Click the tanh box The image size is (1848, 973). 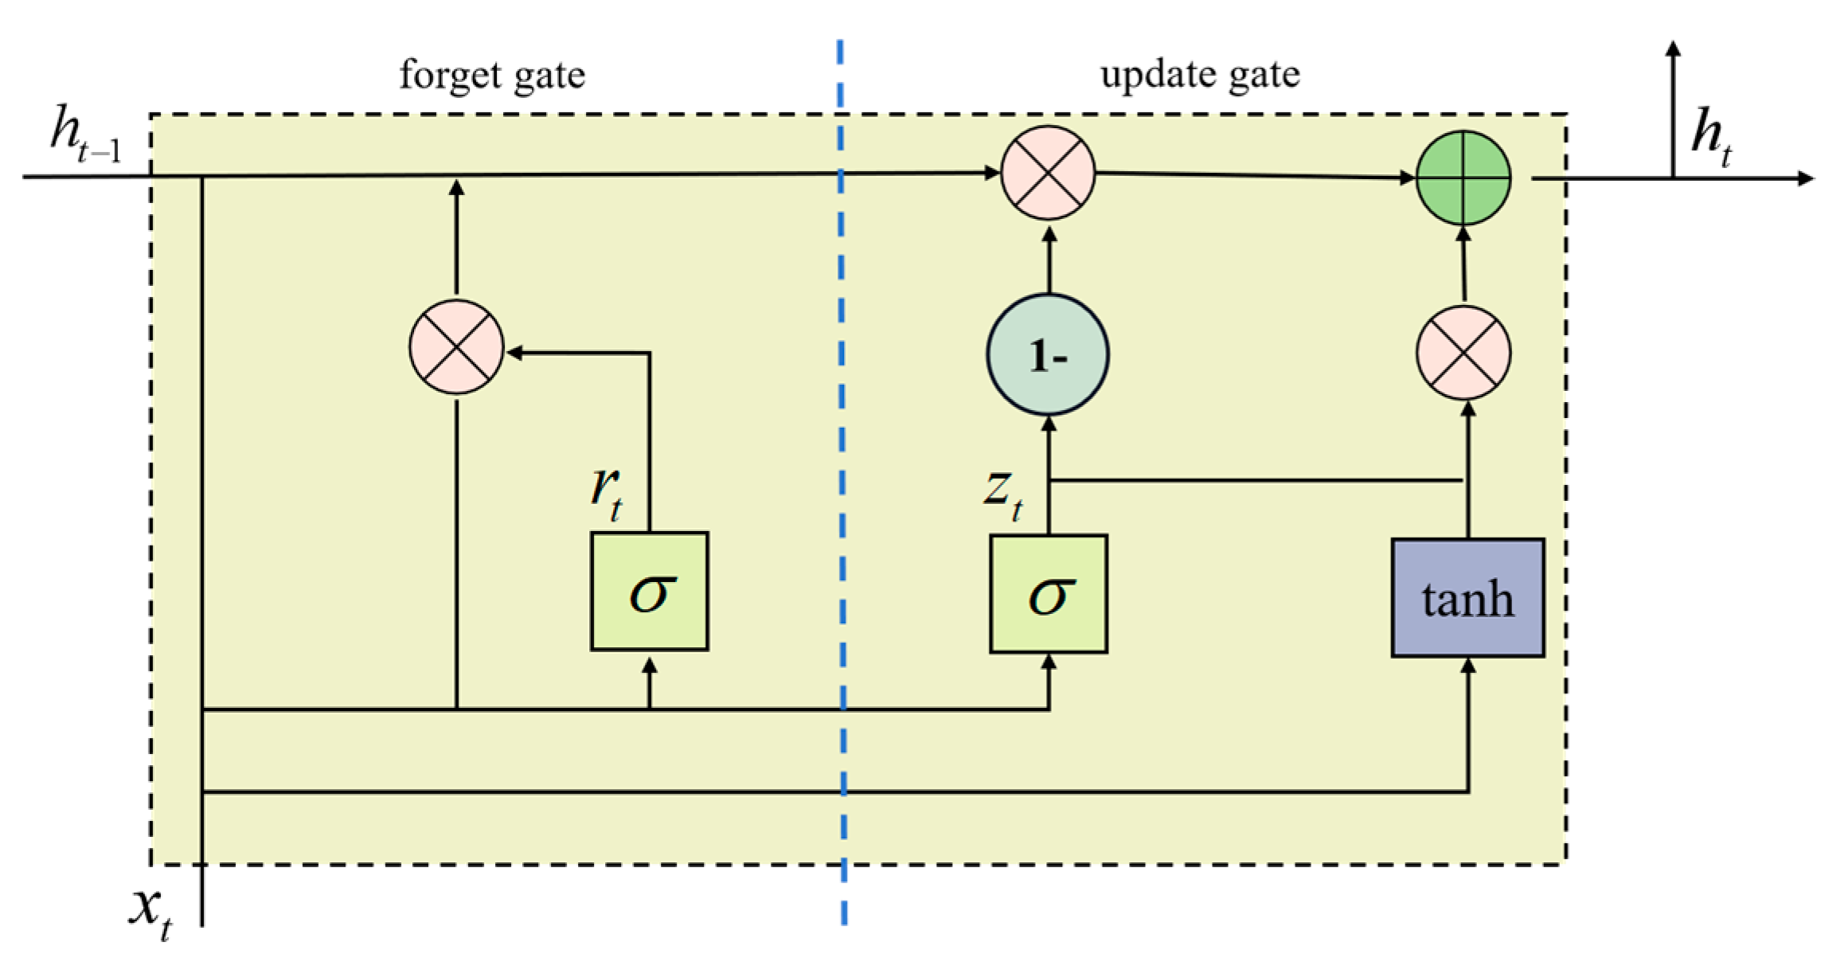tap(1467, 598)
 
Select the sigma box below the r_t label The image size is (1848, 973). tap(649, 592)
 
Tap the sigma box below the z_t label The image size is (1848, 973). tap(1048, 594)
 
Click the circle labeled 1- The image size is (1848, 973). tap(1048, 354)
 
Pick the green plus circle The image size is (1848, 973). tap(1463, 178)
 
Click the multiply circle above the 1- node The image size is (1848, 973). tap(1048, 172)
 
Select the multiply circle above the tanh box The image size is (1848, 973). tap(1463, 353)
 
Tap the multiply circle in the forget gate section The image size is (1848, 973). tap(456, 347)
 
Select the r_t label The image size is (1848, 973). tap(607, 491)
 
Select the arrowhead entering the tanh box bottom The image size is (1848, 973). tap(1468, 666)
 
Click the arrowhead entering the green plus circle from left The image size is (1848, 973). tap(1408, 178)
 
